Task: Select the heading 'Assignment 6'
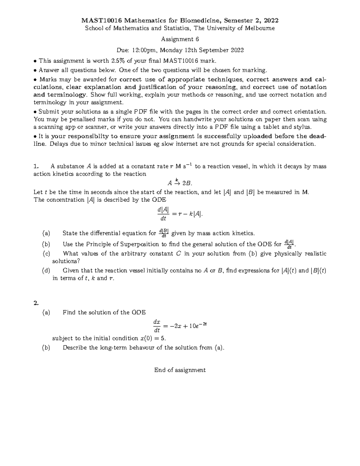(180, 39)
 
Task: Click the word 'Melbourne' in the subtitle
(259, 28)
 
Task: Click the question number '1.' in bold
(36, 166)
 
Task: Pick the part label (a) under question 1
(46, 233)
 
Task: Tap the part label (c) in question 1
(46, 254)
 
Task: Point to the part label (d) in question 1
(46, 270)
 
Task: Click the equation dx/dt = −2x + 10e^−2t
(180, 326)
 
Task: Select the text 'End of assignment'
(180, 370)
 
